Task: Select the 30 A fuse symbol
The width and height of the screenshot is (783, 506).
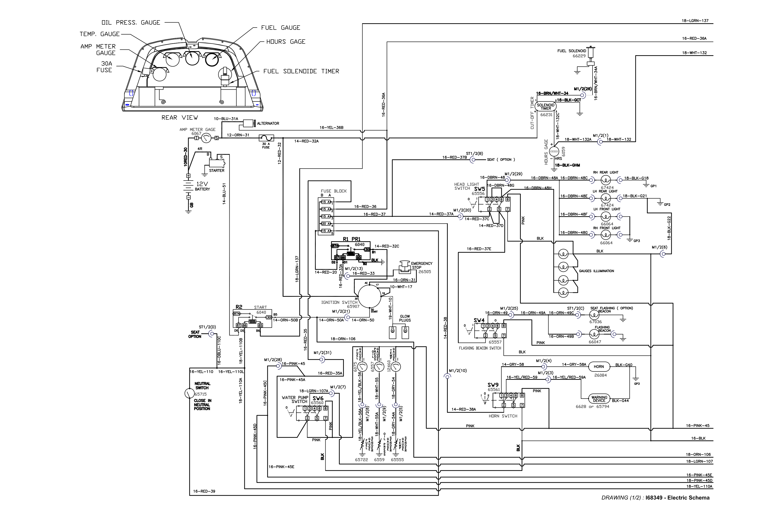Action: [266, 138]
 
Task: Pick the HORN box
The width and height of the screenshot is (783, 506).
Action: [599, 366]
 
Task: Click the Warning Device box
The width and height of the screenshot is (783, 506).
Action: [599, 399]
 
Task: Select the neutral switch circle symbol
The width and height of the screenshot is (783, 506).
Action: [190, 393]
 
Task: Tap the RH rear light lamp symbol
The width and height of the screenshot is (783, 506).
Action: [606, 180]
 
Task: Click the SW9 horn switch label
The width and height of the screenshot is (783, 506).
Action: [493, 385]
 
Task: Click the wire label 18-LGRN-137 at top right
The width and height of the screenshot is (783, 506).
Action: [695, 21]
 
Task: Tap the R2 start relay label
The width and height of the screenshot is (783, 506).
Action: [239, 307]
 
